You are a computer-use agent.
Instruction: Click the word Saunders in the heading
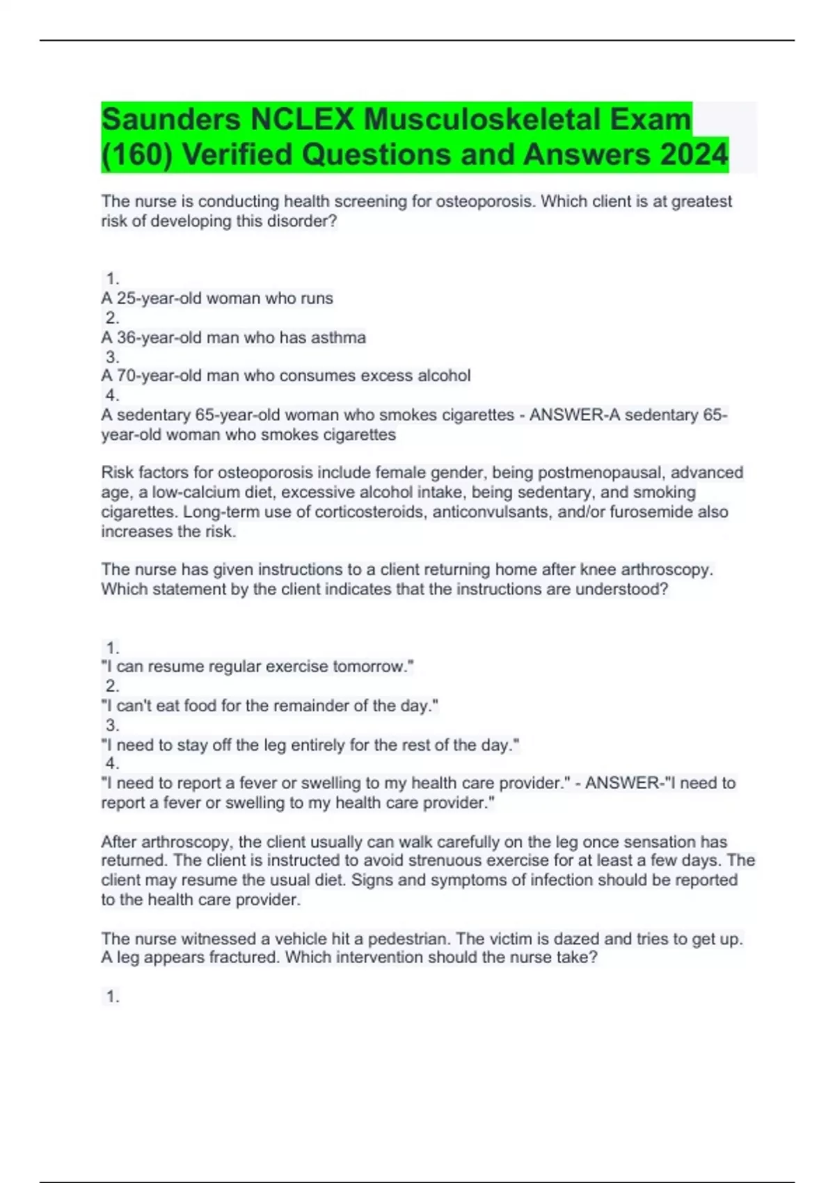[x=171, y=119]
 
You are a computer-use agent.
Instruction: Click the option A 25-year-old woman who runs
[x=217, y=299]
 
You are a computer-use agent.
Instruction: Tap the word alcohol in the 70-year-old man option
[x=443, y=376]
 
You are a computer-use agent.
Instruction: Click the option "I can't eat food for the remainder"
[x=270, y=706]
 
